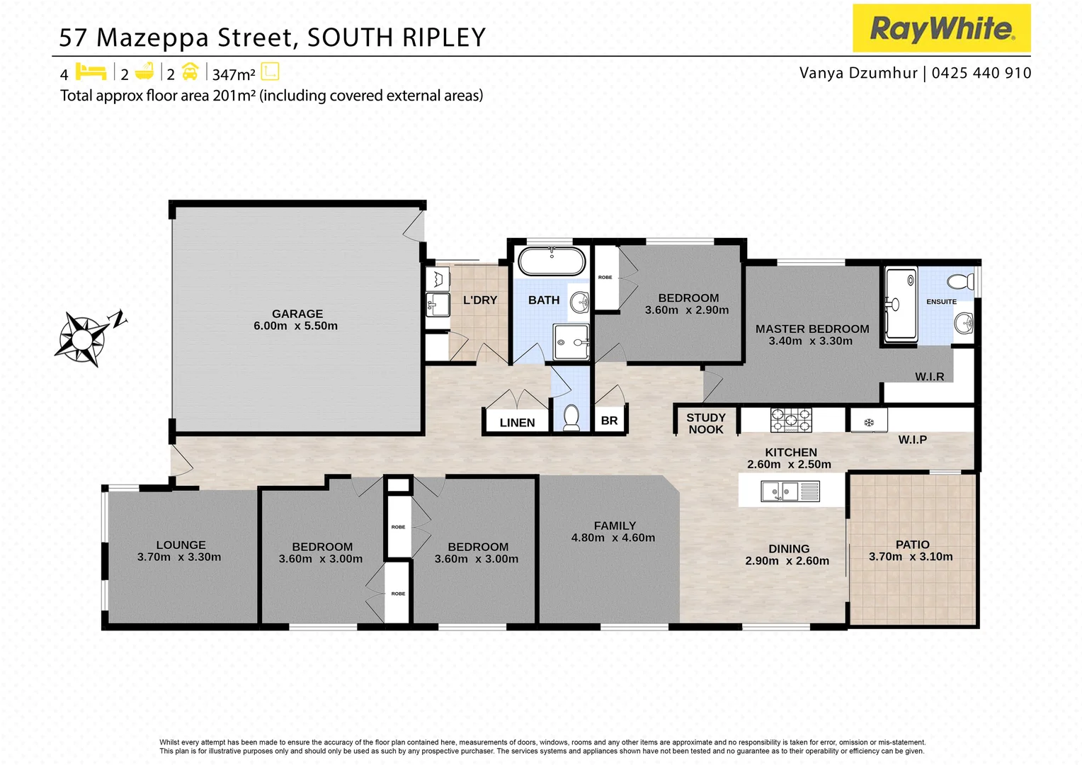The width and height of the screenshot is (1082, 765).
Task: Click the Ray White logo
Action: (941, 28)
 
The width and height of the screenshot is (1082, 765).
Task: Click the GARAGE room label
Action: (297, 314)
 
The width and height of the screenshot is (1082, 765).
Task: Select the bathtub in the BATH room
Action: (552, 262)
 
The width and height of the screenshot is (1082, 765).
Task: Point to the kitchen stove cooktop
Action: (791, 420)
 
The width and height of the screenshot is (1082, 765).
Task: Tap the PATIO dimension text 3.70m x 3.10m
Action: (911, 557)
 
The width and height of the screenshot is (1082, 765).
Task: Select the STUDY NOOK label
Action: (705, 424)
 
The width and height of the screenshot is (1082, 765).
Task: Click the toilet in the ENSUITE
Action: (962, 281)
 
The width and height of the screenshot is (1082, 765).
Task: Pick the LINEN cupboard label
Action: (517, 423)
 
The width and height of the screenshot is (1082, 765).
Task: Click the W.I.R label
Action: (929, 377)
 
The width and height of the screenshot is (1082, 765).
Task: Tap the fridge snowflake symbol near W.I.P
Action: (869, 423)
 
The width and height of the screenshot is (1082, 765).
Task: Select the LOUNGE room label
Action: (181, 545)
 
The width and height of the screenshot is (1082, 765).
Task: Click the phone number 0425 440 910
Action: (981, 73)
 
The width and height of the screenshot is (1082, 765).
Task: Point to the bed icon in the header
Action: (90, 72)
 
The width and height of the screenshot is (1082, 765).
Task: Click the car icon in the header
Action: (190, 72)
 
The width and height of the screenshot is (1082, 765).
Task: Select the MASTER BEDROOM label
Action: (811, 329)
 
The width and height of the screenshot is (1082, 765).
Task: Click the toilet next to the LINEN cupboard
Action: (571, 418)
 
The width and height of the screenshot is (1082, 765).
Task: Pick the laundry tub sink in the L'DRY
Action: (438, 305)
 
